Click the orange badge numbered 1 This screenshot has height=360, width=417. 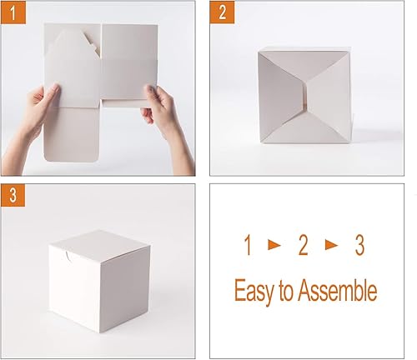(11, 12)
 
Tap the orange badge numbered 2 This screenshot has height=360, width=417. (221, 12)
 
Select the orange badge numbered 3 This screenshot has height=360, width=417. (11, 196)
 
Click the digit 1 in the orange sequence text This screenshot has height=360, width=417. (248, 246)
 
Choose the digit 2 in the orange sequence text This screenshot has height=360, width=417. (303, 246)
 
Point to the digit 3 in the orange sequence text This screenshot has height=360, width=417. (359, 246)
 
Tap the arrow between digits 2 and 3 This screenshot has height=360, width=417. (330, 247)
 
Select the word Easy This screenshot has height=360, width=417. (256, 292)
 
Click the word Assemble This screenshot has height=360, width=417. (339, 292)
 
